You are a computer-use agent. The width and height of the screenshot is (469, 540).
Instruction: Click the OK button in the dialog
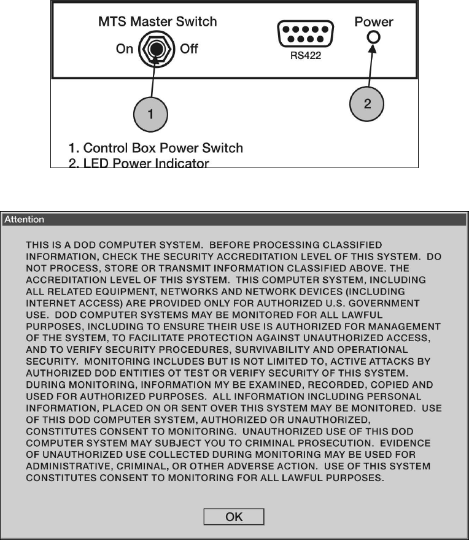click(234, 517)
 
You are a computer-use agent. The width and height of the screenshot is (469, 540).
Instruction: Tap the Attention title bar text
click(25, 219)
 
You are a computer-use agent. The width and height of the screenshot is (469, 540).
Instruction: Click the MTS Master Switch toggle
click(156, 49)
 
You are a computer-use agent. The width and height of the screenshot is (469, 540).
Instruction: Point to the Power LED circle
click(373, 37)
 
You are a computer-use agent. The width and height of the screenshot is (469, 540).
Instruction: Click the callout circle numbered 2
click(367, 104)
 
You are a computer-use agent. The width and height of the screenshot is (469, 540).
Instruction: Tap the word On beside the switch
click(125, 49)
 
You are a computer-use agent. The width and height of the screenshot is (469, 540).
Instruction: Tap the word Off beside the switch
click(189, 49)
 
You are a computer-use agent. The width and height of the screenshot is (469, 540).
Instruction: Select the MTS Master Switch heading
click(158, 21)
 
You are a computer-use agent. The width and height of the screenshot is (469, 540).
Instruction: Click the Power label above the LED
click(373, 21)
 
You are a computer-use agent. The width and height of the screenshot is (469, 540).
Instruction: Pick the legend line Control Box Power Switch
click(156, 148)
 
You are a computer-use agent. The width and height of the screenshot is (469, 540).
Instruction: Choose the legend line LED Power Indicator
click(139, 163)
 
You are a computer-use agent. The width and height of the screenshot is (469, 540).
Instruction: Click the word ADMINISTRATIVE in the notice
click(69, 466)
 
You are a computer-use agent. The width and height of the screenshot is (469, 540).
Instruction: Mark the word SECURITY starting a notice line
click(48, 361)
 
